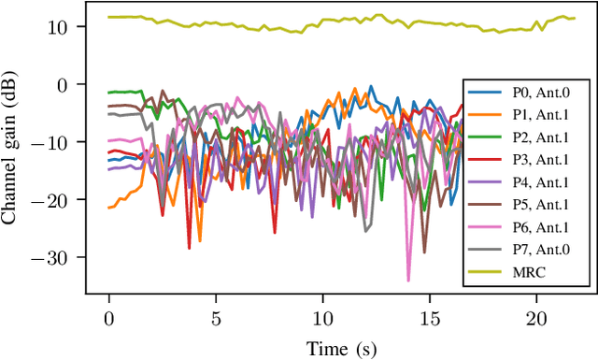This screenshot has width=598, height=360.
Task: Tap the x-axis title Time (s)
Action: pyautogui.click(x=343, y=349)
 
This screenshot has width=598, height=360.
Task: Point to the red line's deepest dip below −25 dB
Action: pyautogui.click(x=190, y=248)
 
